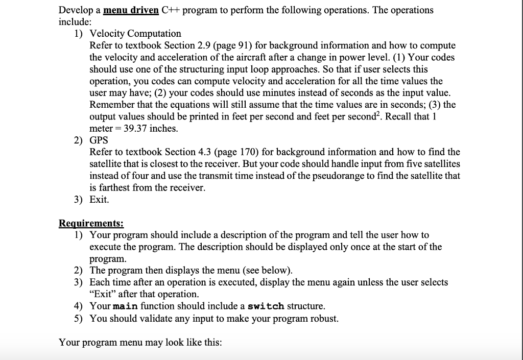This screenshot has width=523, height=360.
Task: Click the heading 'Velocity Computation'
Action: [x=135, y=34]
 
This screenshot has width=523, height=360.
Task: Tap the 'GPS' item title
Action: [x=99, y=140]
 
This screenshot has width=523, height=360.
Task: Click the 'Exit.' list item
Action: [x=99, y=200]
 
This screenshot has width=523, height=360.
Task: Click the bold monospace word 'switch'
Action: [x=266, y=306]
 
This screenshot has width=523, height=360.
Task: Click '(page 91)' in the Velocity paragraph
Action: [x=235, y=45]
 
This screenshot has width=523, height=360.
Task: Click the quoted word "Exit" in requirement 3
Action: [x=102, y=295]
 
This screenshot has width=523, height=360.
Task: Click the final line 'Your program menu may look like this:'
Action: [x=140, y=342]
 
